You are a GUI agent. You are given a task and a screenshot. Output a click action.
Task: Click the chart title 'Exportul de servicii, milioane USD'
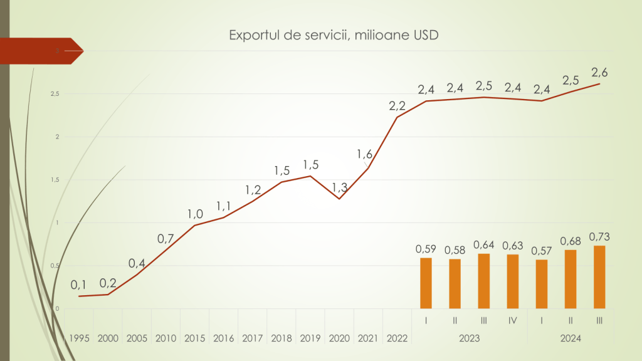point(334,35)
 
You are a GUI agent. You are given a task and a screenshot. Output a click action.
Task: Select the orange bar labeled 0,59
point(426,283)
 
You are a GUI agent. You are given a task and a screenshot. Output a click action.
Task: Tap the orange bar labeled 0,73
point(599,277)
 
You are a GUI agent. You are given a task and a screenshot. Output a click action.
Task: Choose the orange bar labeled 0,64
point(484,281)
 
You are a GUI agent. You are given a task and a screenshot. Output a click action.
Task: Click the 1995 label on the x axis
point(79,338)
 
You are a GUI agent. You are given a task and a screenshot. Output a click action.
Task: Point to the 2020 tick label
point(339,338)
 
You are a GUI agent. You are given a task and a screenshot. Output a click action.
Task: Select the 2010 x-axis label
point(166,338)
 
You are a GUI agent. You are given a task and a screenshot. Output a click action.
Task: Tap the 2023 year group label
point(470,338)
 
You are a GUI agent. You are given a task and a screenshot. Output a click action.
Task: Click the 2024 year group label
point(571,338)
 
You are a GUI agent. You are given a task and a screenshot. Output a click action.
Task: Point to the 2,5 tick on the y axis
point(55,94)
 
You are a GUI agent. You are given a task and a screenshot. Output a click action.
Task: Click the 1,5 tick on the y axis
point(55,180)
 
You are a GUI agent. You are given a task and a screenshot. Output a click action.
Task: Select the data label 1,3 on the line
point(339,187)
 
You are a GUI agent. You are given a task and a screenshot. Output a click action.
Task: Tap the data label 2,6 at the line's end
point(599,73)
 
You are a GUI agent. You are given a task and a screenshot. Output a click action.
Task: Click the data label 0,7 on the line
point(166,238)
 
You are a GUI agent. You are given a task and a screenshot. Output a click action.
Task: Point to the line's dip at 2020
point(339,199)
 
